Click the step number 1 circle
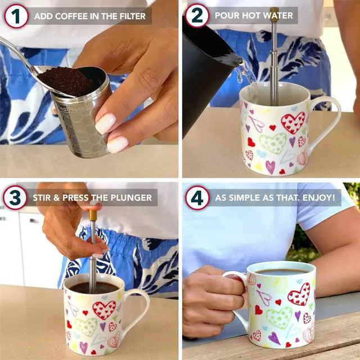click(x=16, y=15)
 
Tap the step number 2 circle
click(x=197, y=15)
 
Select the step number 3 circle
click(x=16, y=197)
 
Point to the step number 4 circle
click(x=197, y=197)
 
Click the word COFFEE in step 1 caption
click(x=74, y=16)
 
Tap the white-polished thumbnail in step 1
click(x=105, y=123)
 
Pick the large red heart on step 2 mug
click(x=292, y=122)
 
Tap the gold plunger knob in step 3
click(x=93, y=215)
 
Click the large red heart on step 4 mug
click(x=299, y=294)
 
